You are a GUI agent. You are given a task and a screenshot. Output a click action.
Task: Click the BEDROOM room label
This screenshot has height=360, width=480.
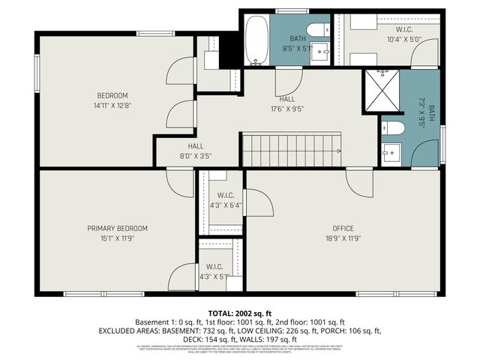coord(112,95)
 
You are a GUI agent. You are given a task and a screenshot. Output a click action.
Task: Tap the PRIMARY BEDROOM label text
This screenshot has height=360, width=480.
coord(117,229)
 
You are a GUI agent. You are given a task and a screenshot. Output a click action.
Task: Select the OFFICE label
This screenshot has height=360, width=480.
coord(343,229)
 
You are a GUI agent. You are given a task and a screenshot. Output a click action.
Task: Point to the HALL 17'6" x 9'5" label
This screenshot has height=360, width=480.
coord(287,99)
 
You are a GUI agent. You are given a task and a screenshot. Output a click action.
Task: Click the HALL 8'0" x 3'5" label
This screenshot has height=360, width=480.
coord(196,146)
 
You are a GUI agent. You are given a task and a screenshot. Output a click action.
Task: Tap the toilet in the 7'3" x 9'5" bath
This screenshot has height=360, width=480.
coord(393,128)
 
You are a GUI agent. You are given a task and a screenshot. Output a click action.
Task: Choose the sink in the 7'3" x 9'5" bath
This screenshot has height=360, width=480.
coord(391,154)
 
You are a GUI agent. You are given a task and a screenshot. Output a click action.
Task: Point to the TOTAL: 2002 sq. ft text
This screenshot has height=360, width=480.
coord(239,312)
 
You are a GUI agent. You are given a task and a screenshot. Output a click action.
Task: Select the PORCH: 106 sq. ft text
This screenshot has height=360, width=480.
coord(352,330)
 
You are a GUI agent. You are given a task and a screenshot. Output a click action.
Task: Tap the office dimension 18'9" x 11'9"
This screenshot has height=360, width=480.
coord(343,238)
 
